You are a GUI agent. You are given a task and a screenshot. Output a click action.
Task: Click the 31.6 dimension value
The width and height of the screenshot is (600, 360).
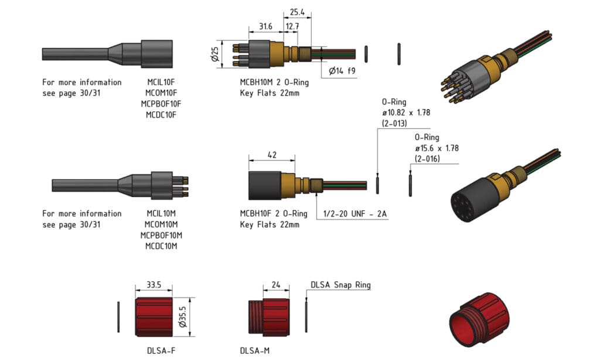pyautogui.click(x=265, y=27)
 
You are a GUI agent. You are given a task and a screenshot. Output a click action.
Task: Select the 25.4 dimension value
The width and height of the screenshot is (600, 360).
pyautogui.click(x=297, y=11)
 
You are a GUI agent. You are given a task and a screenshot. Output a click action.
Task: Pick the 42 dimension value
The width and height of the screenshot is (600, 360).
pyautogui.click(x=271, y=155)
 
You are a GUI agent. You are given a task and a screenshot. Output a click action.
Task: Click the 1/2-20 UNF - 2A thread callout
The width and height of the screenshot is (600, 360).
pyautogui.click(x=351, y=214)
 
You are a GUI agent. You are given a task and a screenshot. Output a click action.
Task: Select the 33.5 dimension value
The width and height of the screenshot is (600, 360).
pyautogui.click(x=153, y=286)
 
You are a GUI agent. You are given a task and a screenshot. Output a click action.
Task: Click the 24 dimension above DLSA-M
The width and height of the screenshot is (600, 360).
pyautogui.click(x=276, y=286)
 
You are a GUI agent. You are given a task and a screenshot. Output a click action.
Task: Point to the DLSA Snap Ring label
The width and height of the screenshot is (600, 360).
pyautogui.click(x=340, y=286)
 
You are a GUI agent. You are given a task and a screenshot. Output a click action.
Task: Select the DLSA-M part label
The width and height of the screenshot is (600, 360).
pyautogui.click(x=254, y=351)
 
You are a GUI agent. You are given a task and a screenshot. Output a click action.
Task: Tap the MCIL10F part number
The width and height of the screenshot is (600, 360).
pyautogui.click(x=161, y=82)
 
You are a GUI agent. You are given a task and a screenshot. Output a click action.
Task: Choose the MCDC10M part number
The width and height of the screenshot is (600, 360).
pyautogui.click(x=161, y=246)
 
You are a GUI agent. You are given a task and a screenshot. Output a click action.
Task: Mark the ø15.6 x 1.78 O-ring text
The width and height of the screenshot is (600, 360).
pyautogui.click(x=437, y=148)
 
